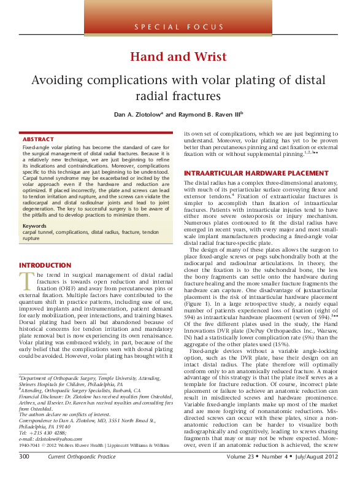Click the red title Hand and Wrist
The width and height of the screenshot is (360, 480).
pyautogui.click(x=178, y=57)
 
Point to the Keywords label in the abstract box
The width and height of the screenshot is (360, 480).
pyautogui.click(x=34, y=226)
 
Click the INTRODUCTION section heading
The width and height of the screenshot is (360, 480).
pyautogui.click(x=46, y=265)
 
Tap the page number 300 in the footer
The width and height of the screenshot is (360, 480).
pyautogui.click(x=24, y=473)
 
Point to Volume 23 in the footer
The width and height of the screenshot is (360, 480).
pyautogui.click(x=242, y=473)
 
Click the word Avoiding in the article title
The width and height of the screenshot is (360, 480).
pyautogui.click(x=58, y=80)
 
